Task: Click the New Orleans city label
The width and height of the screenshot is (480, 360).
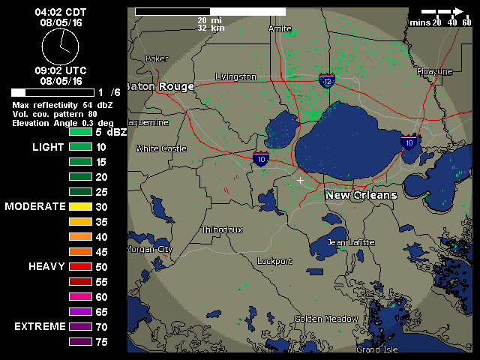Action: coord(361,195)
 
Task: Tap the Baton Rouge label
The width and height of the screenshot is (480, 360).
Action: coord(159,86)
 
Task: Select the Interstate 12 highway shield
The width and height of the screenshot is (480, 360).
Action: coord(326,81)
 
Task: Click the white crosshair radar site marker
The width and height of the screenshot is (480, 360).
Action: coord(301,180)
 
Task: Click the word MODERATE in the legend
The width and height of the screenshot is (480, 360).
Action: coord(35,206)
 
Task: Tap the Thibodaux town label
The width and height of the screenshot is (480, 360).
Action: coord(222,229)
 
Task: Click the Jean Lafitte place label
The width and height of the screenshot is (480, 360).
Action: coord(350,242)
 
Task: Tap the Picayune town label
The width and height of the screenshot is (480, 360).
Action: coord(435,71)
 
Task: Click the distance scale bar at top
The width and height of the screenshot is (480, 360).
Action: coord(210,12)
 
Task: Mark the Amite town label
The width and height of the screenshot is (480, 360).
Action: coord(280,28)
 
